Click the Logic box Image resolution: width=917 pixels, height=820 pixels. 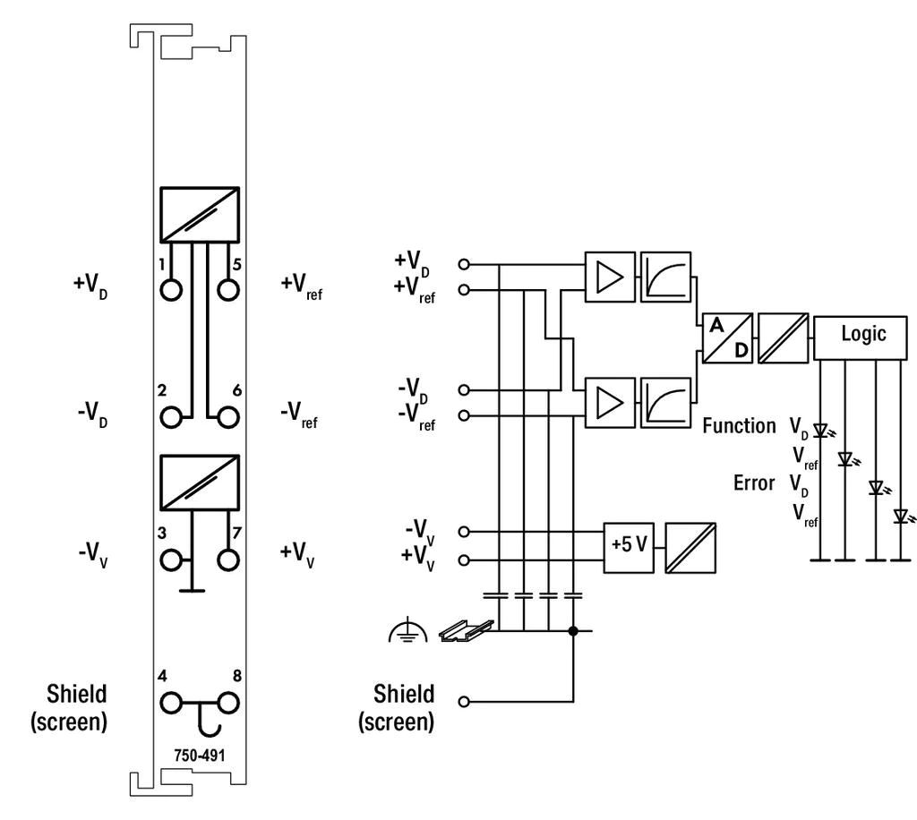[x=861, y=337]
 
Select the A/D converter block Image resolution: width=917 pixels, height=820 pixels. [x=727, y=337]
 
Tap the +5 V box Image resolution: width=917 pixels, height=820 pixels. [x=629, y=548]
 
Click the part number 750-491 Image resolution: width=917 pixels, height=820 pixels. [x=200, y=756]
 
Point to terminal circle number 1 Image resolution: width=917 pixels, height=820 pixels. [x=171, y=290]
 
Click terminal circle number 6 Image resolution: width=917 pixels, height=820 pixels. [x=228, y=417]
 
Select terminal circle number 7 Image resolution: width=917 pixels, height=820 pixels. [x=228, y=559]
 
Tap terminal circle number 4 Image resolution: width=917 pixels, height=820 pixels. [x=171, y=703]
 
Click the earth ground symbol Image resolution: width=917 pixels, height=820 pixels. [x=407, y=632]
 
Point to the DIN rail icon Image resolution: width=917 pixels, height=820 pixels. [x=466, y=630]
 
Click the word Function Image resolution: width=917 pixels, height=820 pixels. [x=739, y=425]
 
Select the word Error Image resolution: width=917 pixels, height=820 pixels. [x=754, y=483]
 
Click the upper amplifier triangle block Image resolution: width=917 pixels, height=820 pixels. [x=610, y=277]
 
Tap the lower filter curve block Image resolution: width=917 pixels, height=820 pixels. [x=665, y=403]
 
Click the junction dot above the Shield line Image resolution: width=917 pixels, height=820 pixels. [x=573, y=630]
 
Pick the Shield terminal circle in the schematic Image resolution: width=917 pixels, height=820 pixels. [x=464, y=701]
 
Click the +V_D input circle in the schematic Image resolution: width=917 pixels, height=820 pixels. [x=464, y=264]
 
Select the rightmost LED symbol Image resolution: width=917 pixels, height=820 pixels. [x=902, y=517]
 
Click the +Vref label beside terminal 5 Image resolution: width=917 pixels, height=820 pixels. [x=301, y=286]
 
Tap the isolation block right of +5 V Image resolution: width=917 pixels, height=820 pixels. [x=690, y=548]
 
